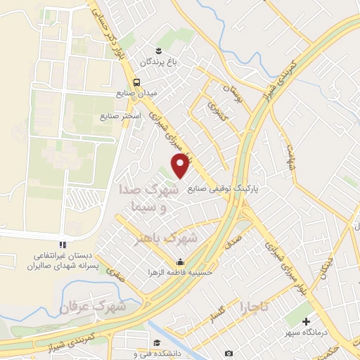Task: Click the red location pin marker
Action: (x=181, y=165)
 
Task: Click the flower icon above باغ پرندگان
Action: (x=159, y=50)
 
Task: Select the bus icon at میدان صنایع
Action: (x=139, y=80)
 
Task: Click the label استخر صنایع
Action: (x=123, y=115)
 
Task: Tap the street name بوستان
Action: (x=231, y=90)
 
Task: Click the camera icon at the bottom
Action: (x=230, y=352)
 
